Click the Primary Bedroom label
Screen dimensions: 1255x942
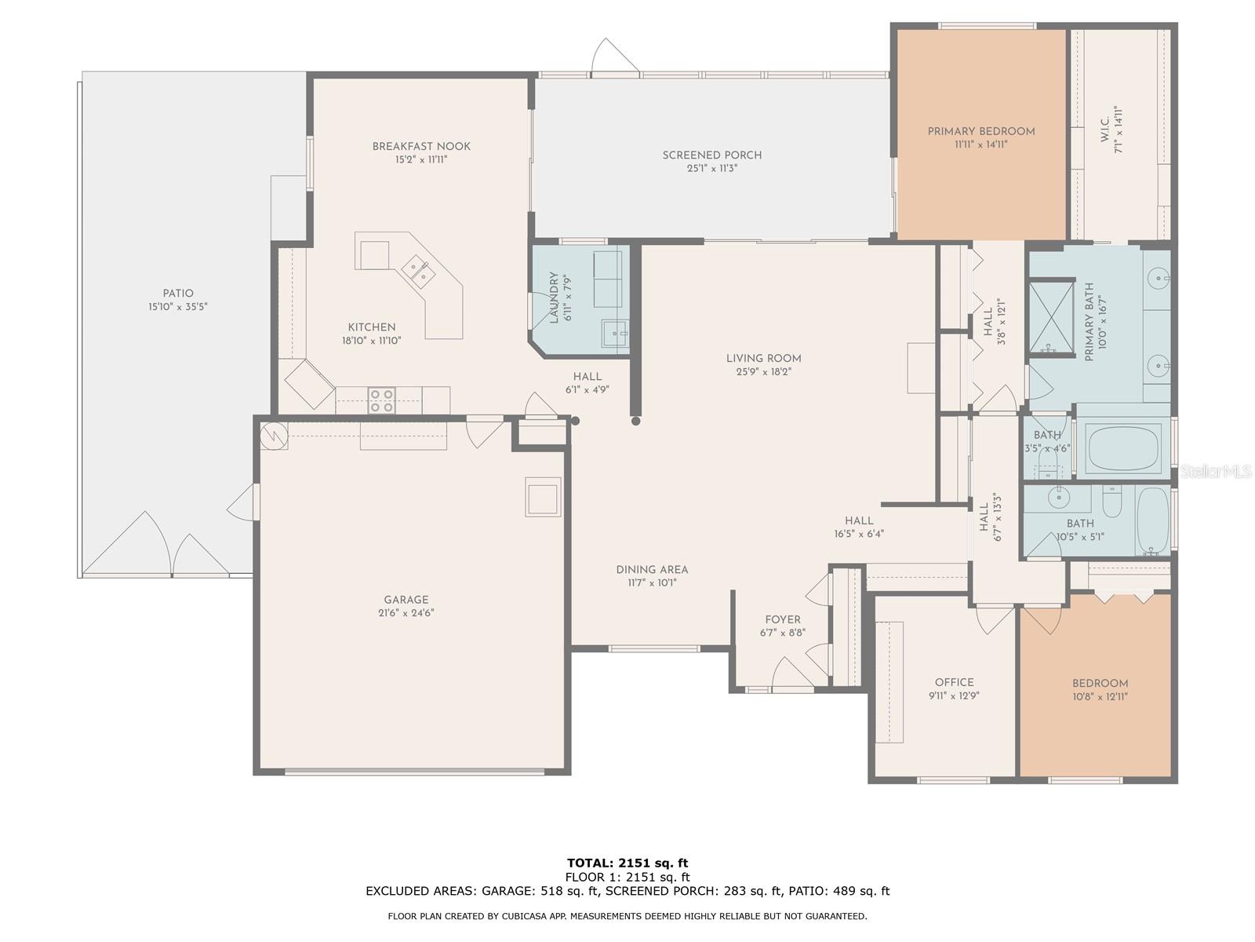click(x=980, y=132)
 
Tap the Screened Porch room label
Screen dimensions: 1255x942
click(x=712, y=155)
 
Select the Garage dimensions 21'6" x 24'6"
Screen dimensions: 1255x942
click(x=406, y=613)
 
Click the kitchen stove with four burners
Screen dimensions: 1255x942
click(x=381, y=400)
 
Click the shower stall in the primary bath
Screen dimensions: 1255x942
click(x=1051, y=316)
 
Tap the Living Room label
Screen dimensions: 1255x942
click(x=763, y=359)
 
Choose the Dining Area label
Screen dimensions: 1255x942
click(x=652, y=570)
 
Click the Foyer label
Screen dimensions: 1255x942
click(x=783, y=620)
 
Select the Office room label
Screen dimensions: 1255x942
click(x=955, y=682)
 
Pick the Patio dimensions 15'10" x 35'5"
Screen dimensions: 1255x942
click(x=178, y=307)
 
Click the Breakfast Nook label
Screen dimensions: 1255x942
click(x=421, y=147)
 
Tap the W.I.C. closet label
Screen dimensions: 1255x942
click(x=1104, y=130)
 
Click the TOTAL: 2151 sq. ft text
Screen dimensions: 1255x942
click(x=627, y=863)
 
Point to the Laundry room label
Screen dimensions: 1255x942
click(x=554, y=298)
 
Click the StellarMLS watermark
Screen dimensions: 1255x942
click(x=1216, y=472)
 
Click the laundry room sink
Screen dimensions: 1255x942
click(x=615, y=334)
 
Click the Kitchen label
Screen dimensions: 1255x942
click(x=372, y=327)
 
